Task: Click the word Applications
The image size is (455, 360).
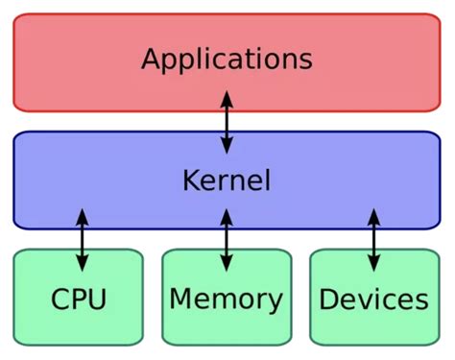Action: pos(227,59)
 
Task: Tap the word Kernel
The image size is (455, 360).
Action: pos(227,180)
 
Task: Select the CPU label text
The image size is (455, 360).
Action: pos(79,299)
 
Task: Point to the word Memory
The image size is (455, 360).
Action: pos(227,299)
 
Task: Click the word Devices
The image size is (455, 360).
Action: pos(373,300)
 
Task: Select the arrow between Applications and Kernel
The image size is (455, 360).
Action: pos(227,122)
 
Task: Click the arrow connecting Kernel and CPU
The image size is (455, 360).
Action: pos(82,240)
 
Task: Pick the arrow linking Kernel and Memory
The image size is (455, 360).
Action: pos(227,240)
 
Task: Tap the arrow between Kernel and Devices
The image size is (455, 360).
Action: pos(373,240)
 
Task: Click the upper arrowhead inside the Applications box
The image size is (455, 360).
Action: pos(227,97)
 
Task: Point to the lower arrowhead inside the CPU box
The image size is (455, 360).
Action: pos(82,265)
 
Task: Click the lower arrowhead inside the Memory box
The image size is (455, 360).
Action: pos(227,265)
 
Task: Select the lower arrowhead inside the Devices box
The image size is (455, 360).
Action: pos(373,265)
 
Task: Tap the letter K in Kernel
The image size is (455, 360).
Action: pos(190,180)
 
